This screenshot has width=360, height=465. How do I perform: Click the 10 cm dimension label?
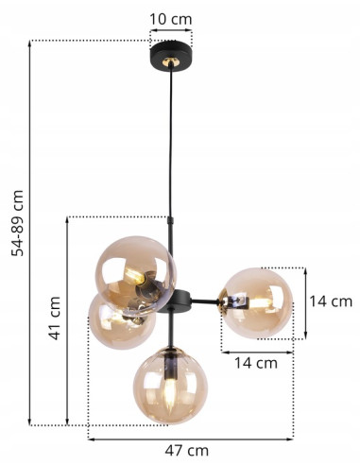171,19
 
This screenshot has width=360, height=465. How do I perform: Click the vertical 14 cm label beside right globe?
331,302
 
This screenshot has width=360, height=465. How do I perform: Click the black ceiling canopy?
171,55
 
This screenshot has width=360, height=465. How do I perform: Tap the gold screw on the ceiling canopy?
171,62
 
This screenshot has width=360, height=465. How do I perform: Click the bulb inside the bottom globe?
168,389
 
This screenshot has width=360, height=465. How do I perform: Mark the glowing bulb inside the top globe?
139,277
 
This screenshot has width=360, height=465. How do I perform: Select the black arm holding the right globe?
201,302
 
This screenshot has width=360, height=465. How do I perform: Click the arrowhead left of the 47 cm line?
91,438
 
